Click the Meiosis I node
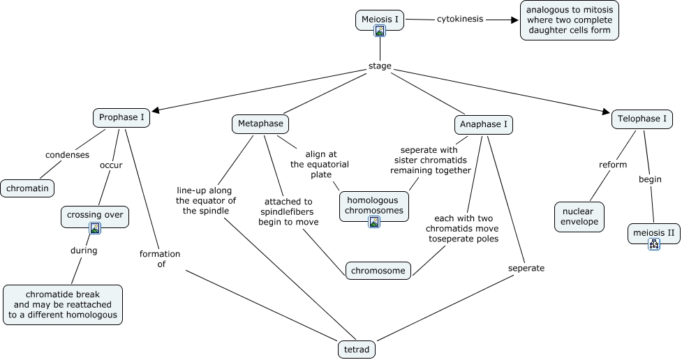click(x=380, y=19)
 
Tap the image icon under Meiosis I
click(x=380, y=31)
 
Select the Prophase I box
click(x=122, y=117)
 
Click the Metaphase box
click(x=260, y=124)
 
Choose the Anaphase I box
click(x=484, y=125)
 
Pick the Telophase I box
click(x=643, y=119)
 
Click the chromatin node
click(x=27, y=188)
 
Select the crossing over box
click(x=95, y=215)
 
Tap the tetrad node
click(x=356, y=349)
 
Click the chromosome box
click(x=378, y=270)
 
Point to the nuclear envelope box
click(x=579, y=216)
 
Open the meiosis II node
click(x=654, y=231)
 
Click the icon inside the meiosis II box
click(x=654, y=243)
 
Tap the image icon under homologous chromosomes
click(x=374, y=222)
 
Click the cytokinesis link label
click(x=460, y=19)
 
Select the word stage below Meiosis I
click(x=380, y=67)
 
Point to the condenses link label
click(x=67, y=155)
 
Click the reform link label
click(x=613, y=165)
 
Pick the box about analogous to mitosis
click(x=570, y=20)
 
